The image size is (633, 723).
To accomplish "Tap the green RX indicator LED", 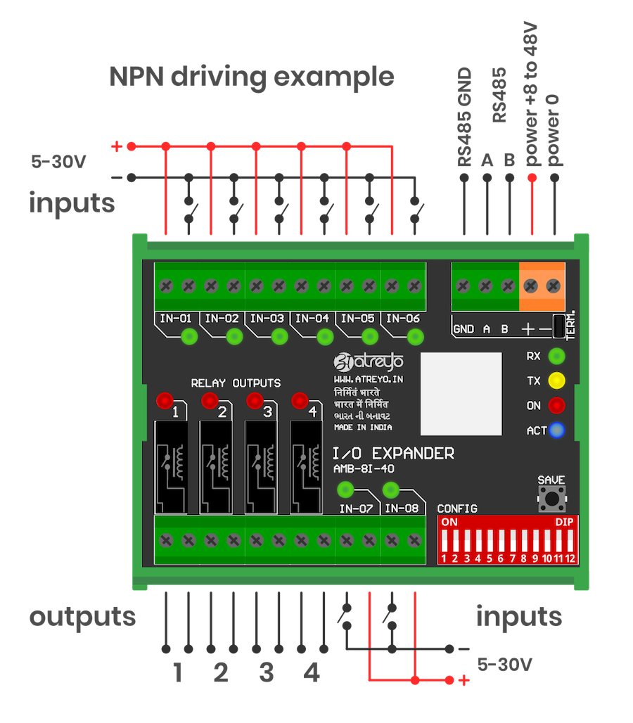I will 557,356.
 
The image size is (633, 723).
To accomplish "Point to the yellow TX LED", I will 557,381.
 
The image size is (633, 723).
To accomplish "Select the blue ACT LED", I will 557,430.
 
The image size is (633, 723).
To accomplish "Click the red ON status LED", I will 557,406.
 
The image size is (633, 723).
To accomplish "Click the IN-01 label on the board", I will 176,319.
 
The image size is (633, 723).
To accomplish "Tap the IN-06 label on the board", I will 402,319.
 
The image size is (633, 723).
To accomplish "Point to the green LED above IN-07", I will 345,490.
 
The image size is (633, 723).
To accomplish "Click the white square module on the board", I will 461,394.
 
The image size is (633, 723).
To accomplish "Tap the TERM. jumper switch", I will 560,326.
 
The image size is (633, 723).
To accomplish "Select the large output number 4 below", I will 311,673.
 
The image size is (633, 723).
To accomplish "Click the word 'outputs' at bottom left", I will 82,617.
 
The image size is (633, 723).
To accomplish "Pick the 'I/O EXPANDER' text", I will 393,454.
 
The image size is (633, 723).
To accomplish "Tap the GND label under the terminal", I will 463,328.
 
